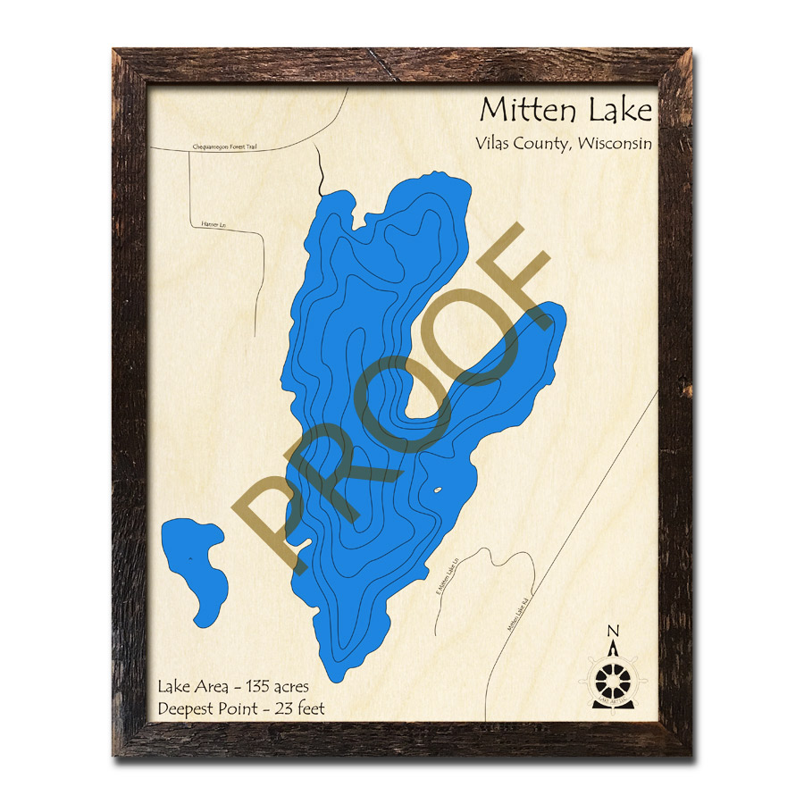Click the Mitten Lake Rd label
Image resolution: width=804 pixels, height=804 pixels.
click(519, 616)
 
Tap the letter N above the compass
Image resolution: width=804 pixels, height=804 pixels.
click(613, 632)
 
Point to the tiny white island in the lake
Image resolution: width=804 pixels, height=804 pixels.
click(438, 490)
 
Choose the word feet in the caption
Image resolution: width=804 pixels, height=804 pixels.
click(308, 709)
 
